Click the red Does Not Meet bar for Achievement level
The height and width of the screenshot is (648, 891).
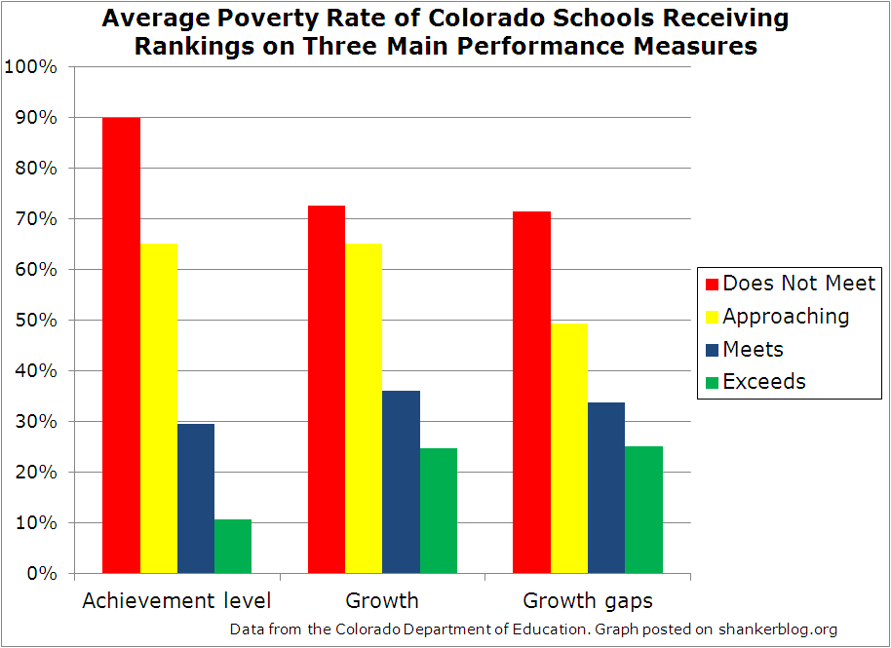(122, 346)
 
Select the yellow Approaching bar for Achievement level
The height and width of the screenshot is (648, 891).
(159, 408)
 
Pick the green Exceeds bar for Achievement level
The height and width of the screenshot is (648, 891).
(233, 547)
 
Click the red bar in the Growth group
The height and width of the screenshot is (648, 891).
(327, 390)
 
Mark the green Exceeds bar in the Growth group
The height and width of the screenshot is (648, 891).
(438, 511)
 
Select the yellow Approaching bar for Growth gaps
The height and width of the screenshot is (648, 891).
(569, 448)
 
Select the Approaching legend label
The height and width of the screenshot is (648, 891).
(786, 317)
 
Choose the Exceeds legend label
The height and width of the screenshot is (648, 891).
(764, 382)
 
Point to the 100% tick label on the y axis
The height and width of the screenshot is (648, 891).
(31, 67)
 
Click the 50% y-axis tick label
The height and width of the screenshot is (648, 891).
(36, 321)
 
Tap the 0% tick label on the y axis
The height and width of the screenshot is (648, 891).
(41, 574)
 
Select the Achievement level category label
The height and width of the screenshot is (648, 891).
(176, 600)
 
